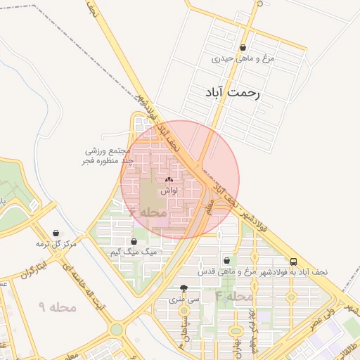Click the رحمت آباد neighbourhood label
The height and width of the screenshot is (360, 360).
(x=233, y=93)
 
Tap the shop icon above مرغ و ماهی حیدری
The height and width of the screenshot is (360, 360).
(x=243, y=48)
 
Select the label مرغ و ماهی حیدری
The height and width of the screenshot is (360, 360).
(x=243, y=59)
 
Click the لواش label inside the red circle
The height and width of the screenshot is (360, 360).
(x=169, y=191)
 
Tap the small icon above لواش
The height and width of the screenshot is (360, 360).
(x=169, y=180)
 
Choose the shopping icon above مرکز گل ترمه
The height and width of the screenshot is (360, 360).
(x=56, y=233)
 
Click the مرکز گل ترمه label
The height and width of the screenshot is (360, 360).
(x=56, y=244)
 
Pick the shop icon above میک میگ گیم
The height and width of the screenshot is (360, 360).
(x=134, y=241)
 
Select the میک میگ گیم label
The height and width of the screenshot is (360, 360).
(x=139, y=252)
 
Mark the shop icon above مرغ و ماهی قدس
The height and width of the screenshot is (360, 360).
(x=226, y=260)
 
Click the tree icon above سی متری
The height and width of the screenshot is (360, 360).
(x=184, y=288)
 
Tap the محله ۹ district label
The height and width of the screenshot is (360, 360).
(x=57, y=307)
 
